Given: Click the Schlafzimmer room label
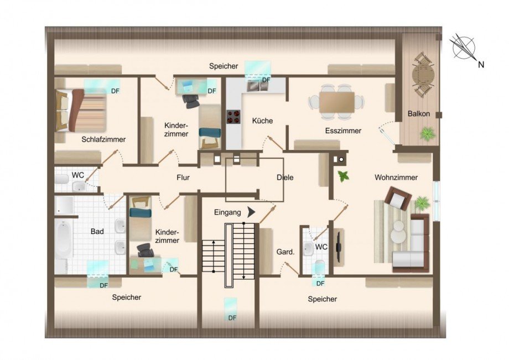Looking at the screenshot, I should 103,139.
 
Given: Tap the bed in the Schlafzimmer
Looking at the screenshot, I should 81,110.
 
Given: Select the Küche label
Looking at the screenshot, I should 262,121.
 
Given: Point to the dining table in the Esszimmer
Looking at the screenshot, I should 336,102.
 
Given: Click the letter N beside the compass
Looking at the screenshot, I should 481,65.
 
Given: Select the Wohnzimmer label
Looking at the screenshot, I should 396,178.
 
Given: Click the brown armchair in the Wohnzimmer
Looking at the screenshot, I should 399,197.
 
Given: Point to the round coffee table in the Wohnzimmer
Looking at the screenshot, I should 398,235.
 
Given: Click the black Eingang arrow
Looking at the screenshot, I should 252,212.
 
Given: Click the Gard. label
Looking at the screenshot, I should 285,252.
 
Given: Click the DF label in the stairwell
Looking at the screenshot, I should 232,318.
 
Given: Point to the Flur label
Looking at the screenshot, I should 183,178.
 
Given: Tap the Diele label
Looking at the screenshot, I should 285,178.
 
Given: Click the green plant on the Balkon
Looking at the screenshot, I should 427,133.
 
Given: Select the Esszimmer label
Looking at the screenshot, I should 343,131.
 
